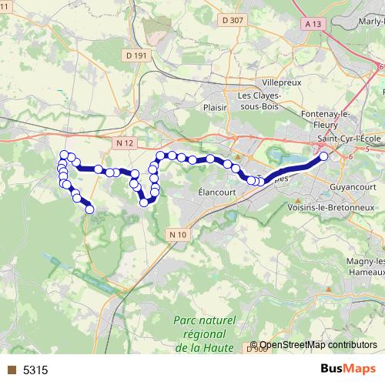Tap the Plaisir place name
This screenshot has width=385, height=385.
[x=217, y=109]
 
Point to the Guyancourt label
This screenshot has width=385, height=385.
[x=350, y=186]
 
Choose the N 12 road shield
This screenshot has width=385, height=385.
[x=126, y=143]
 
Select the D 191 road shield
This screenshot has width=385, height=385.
[x=134, y=55]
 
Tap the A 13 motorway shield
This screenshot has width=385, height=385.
[x=312, y=25]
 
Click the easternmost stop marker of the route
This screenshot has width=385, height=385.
[x=323, y=156]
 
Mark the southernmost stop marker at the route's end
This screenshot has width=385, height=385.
[x=89, y=209]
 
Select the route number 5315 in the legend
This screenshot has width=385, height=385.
[x=35, y=370]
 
